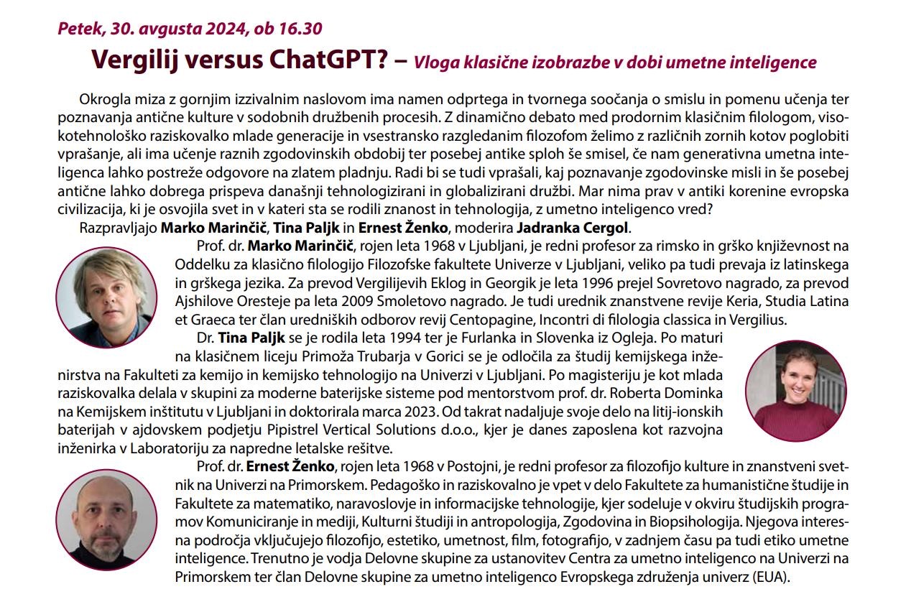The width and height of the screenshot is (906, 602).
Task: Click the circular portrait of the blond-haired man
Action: click(x=106, y=288)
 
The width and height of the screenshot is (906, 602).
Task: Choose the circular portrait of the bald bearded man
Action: click(x=106, y=519)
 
